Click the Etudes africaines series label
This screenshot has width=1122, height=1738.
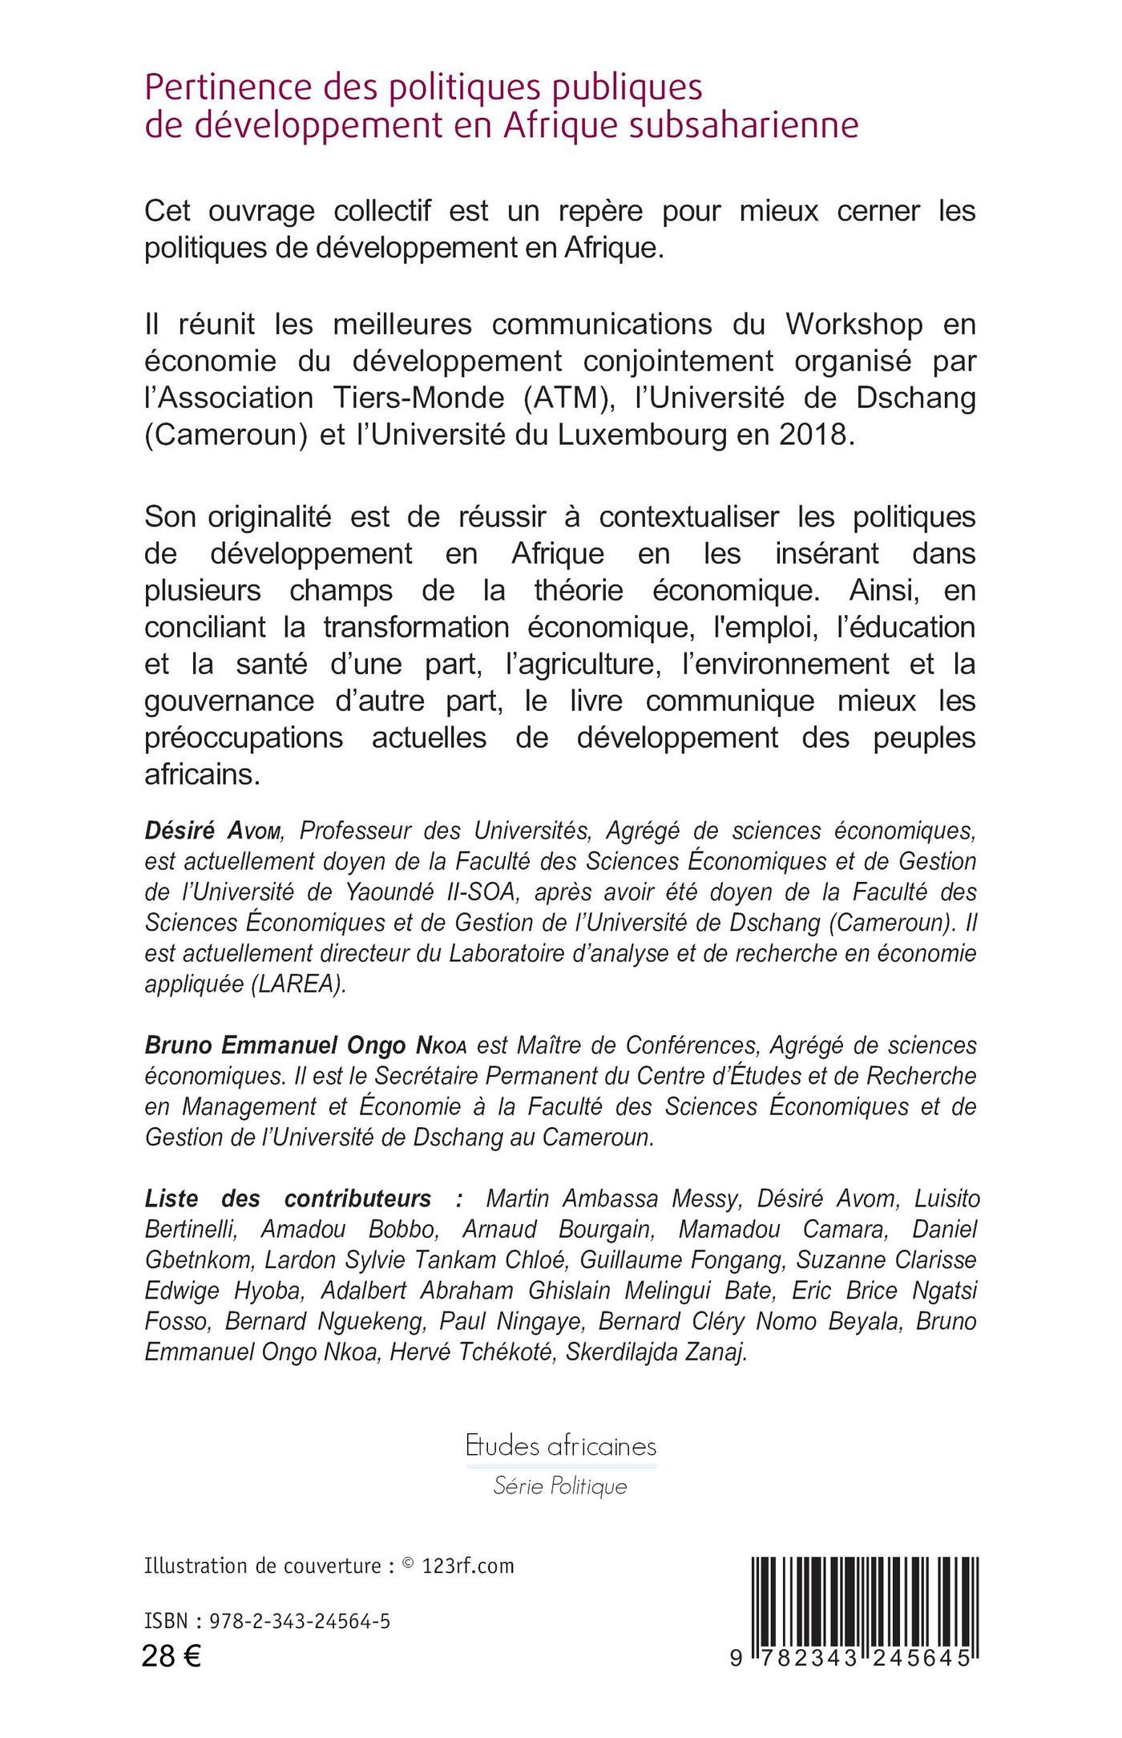[561, 1447]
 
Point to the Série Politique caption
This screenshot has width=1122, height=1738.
[560, 1487]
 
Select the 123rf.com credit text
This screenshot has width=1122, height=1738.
[468, 1566]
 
